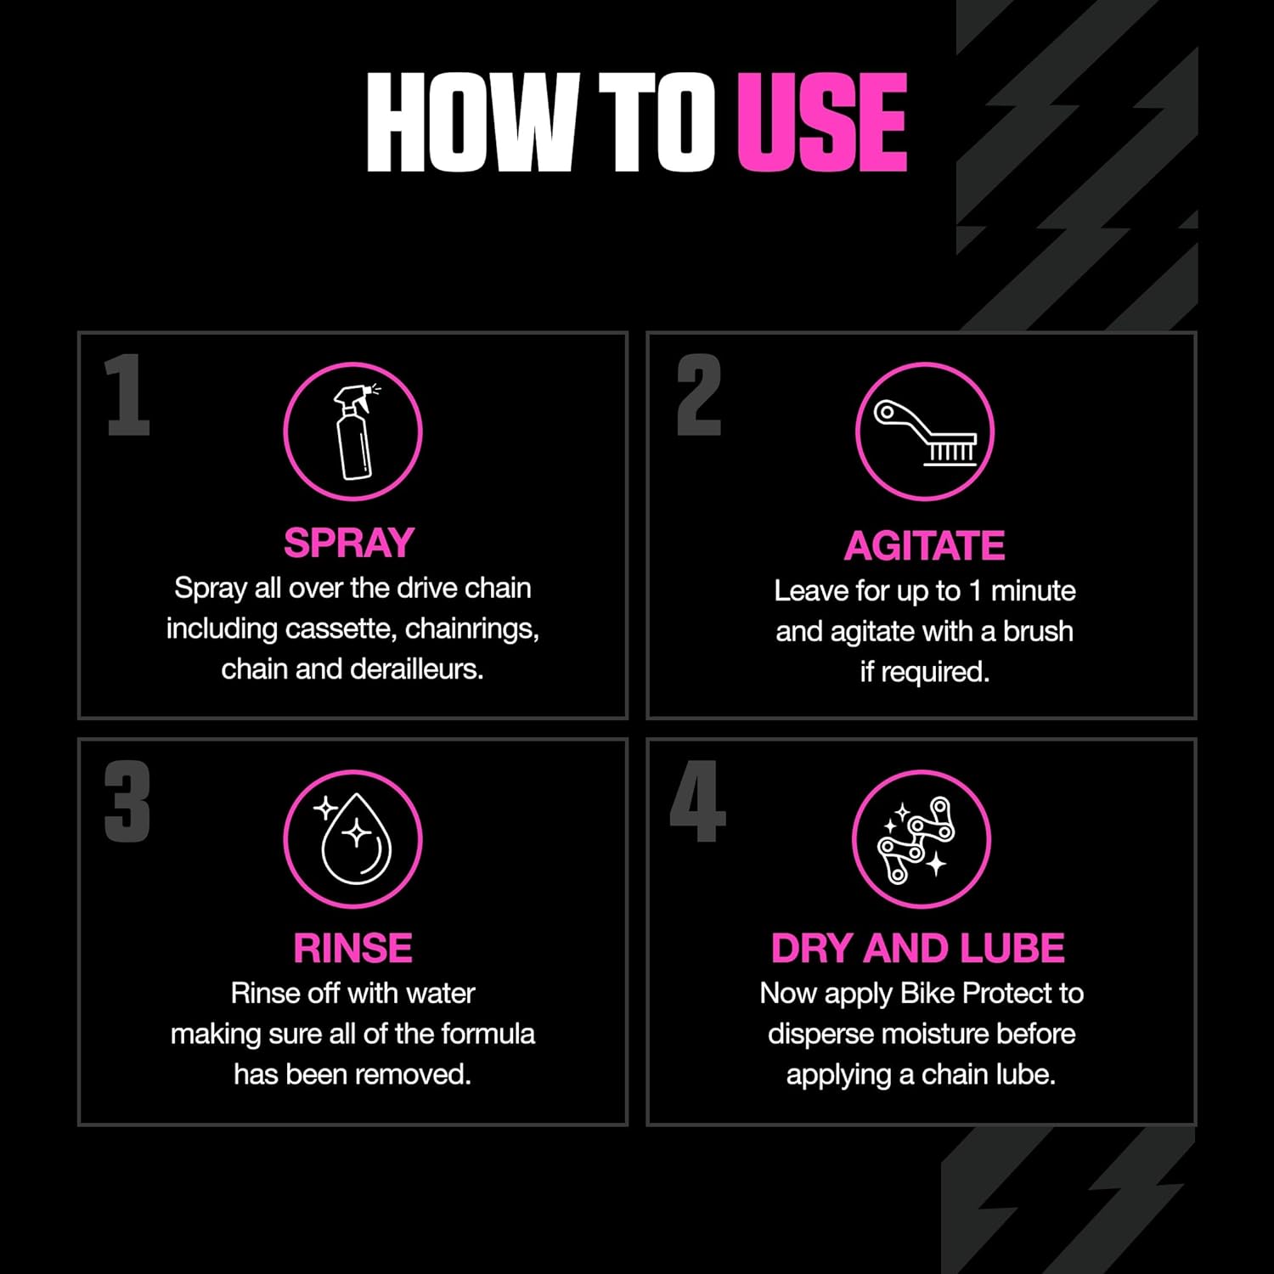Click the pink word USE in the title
pos(822,122)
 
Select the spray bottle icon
pos(353,431)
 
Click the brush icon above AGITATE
pos(925,432)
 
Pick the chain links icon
pos(917,839)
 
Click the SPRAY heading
pos(349,543)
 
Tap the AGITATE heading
pos(924,545)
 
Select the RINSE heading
pos(352,948)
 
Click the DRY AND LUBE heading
pos(917,948)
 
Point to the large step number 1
pos(127,395)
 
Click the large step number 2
pos(699,395)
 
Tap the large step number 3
pos(127,802)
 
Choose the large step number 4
pos(697,802)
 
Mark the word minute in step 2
pos(1033,590)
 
